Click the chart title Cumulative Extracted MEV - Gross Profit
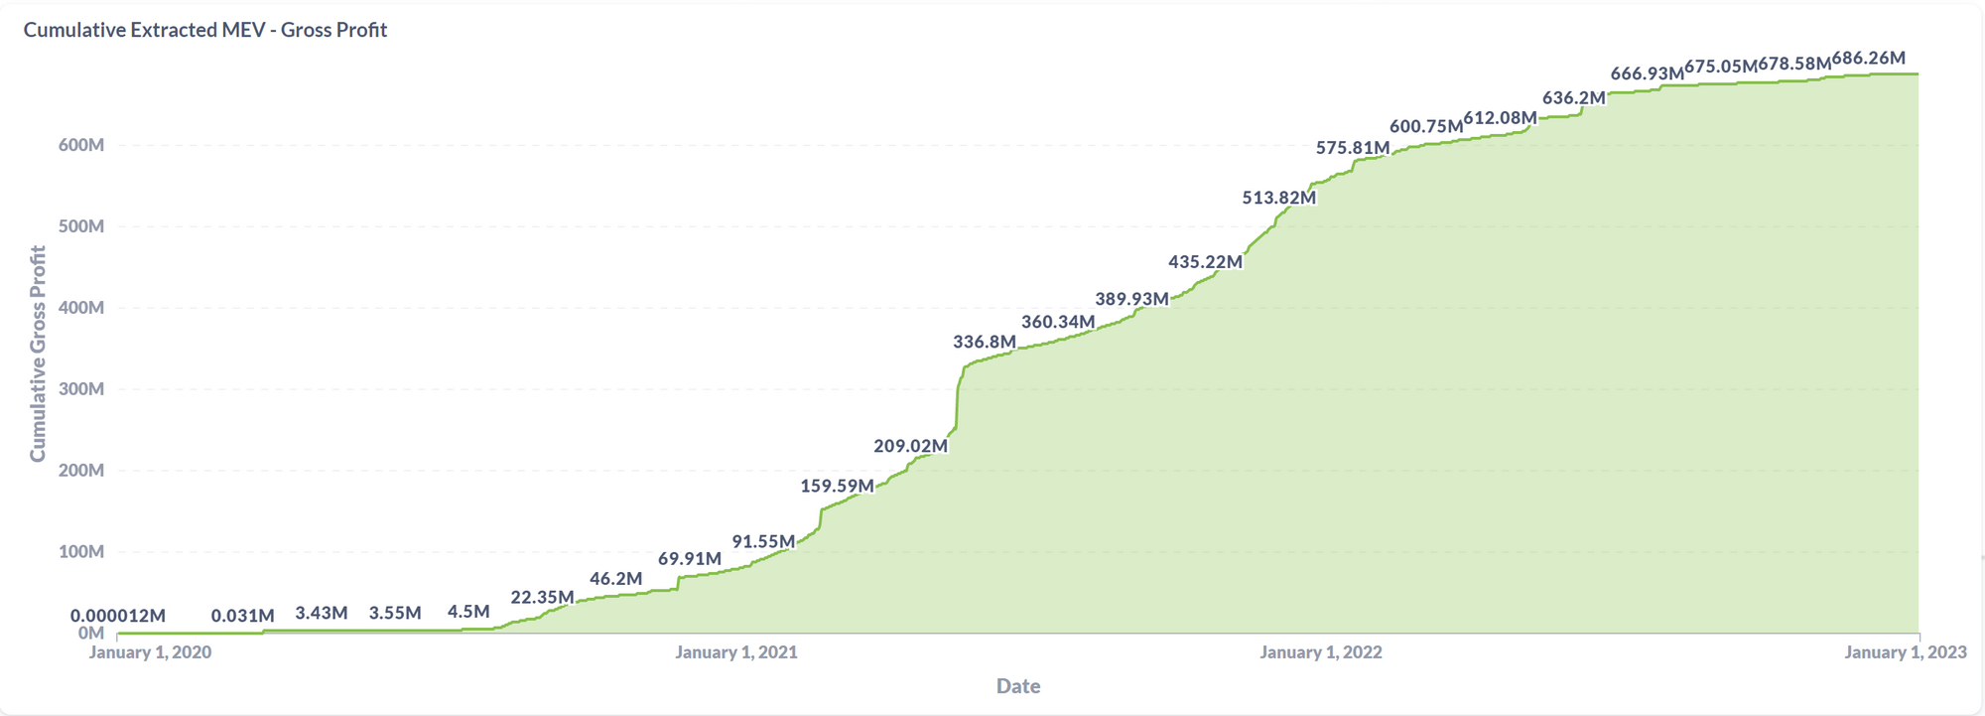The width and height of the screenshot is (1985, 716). (205, 30)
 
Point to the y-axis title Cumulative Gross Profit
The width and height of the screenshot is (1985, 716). (38, 354)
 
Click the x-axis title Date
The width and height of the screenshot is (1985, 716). (1018, 685)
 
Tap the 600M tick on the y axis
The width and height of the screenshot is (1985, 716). (81, 145)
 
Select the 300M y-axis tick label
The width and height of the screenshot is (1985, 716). (81, 388)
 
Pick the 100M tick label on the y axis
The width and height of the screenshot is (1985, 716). (81, 551)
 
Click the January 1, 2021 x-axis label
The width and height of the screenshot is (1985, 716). (736, 652)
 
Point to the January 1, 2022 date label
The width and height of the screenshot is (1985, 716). (1321, 652)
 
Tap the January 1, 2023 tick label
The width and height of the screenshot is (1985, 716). (1906, 652)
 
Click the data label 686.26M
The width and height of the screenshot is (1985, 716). (1869, 59)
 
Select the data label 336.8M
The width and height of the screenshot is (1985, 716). (985, 342)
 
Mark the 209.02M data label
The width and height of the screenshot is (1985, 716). (911, 446)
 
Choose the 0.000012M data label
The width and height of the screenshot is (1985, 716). (118, 616)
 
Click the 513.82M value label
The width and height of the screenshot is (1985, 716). (1279, 198)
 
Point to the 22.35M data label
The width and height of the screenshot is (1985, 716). (542, 597)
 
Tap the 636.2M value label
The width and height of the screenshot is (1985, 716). (1574, 97)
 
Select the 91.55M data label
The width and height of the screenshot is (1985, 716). (763, 541)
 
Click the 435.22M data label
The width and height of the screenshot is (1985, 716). (1205, 262)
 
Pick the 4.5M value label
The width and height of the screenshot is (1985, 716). (468, 612)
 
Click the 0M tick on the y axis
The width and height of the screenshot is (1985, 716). (91, 633)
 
